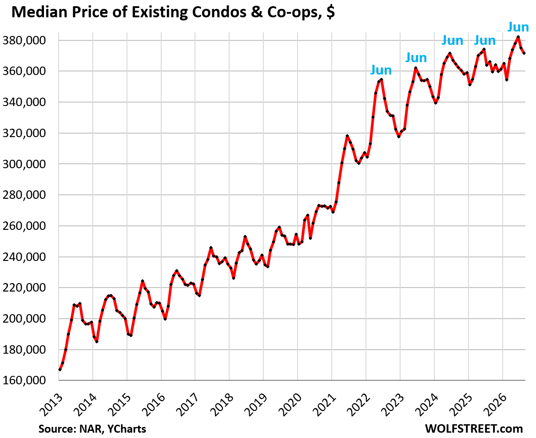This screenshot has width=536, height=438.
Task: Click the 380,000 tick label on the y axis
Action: pyautogui.click(x=24, y=40)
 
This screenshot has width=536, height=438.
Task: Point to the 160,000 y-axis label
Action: pyautogui.click(x=24, y=380)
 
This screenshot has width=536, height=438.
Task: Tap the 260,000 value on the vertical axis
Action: pyautogui.click(x=24, y=226)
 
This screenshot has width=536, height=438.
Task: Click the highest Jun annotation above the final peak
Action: pyautogui.click(x=518, y=27)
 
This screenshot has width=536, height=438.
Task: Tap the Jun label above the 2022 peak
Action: pyautogui.click(x=381, y=70)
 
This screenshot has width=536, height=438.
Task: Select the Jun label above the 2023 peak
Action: pyautogui.click(x=416, y=58)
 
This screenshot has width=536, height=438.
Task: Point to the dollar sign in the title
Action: pyautogui.click(x=330, y=12)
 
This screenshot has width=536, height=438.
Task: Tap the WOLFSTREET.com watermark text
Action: pyautogui.click(x=474, y=429)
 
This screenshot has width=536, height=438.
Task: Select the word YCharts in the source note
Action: pyautogui.click(x=127, y=429)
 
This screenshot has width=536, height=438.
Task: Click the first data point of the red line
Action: pyautogui.click(x=60, y=370)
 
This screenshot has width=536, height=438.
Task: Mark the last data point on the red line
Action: pyautogui.click(x=524, y=53)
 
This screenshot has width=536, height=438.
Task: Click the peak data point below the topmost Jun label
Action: pyautogui.click(x=518, y=37)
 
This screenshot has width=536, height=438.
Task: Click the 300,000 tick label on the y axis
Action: pyautogui.click(x=24, y=164)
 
